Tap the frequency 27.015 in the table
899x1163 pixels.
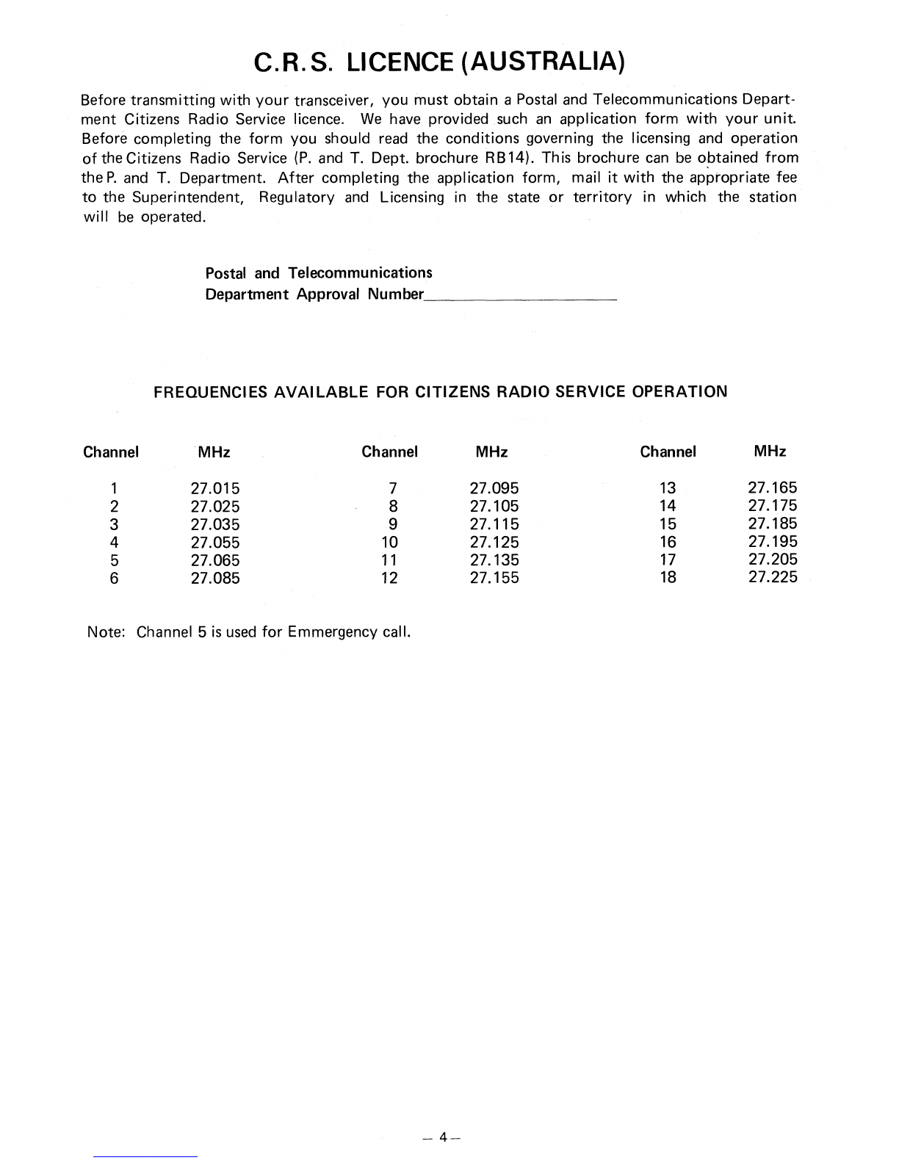(x=215, y=488)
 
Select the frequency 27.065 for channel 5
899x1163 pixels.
(x=215, y=560)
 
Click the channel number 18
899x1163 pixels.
(x=668, y=577)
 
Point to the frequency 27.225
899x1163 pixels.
(x=772, y=577)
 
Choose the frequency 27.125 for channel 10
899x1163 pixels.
(x=494, y=543)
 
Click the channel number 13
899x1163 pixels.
(x=668, y=488)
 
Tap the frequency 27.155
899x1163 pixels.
(x=494, y=578)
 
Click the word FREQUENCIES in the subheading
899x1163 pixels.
(x=210, y=391)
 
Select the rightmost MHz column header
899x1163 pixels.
(x=770, y=452)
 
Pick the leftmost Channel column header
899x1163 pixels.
(x=111, y=452)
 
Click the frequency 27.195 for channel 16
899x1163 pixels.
(x=772, y=542)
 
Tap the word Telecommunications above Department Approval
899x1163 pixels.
(x=360, y=273)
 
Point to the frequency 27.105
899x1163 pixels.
(x=494, y=507)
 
